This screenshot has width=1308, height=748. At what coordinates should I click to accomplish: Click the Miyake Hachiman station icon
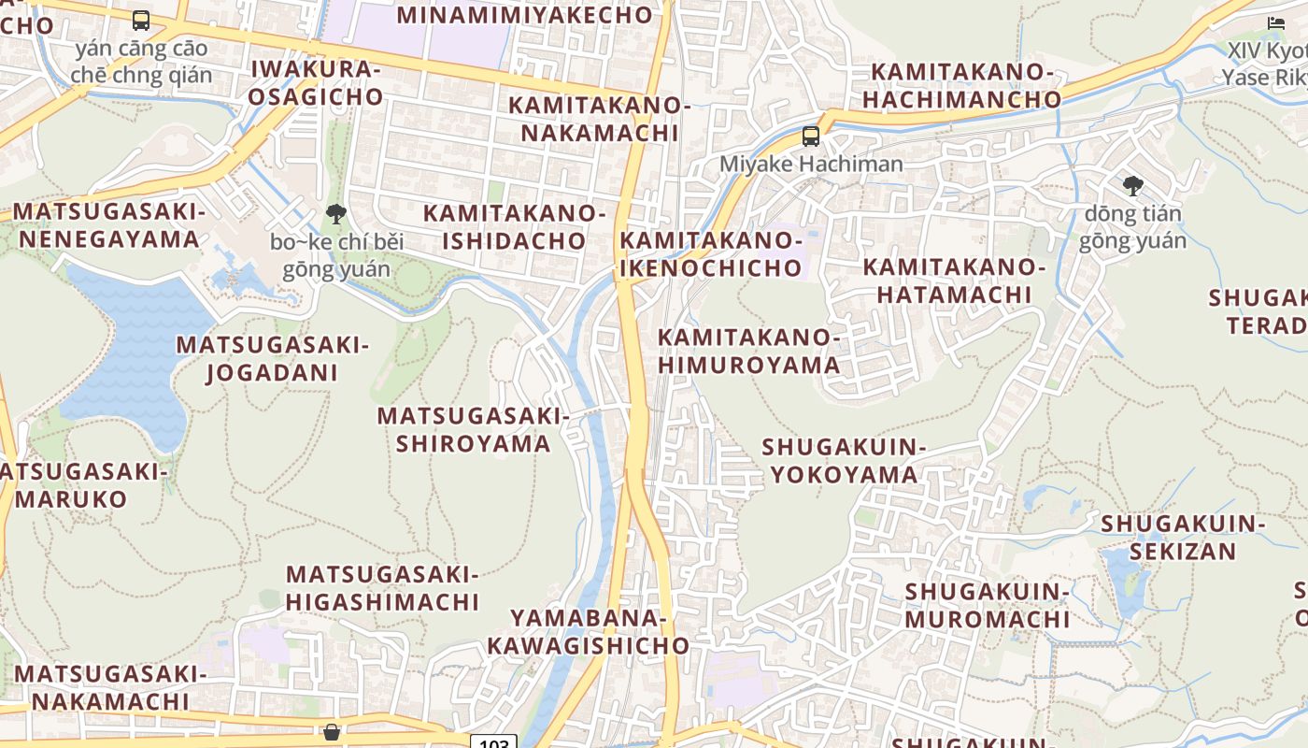coord(811,137)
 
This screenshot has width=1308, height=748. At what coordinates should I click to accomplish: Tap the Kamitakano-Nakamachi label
coord(599,119)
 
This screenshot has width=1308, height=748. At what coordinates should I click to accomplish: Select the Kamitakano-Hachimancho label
coord(961,85)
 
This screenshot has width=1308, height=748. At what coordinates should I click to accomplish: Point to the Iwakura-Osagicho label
coord(317,82)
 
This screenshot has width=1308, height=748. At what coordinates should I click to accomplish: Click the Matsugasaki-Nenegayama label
coord(108,225)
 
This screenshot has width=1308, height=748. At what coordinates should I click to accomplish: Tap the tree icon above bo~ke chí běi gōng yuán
coord(336,214)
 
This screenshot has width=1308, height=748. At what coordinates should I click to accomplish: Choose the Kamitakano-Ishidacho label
coord(515,227)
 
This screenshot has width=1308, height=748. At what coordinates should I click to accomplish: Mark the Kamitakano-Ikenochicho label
coord(710,254)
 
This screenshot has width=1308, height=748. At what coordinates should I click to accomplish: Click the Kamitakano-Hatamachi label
coord(953,280)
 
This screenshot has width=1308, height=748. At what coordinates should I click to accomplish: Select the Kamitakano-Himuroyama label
coord(749,351)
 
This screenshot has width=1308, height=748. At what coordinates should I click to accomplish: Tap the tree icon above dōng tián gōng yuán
coord(1132,186)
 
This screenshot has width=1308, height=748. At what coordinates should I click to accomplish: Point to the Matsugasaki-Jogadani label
coord(272,359)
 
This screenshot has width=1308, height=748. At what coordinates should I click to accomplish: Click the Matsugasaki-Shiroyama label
coord(473,429)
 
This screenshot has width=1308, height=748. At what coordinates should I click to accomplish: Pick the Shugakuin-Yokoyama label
coord(844,461)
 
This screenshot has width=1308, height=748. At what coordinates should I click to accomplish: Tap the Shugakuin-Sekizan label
coord(1182,537)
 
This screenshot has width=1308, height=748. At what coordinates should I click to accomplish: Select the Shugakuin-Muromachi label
coord(987,605)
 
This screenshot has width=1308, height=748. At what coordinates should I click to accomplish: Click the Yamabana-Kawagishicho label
coord(588,631)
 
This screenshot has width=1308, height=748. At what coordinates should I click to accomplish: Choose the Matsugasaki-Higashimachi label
coord(382,588)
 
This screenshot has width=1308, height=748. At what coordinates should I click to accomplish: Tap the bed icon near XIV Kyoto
coord(1276,22)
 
